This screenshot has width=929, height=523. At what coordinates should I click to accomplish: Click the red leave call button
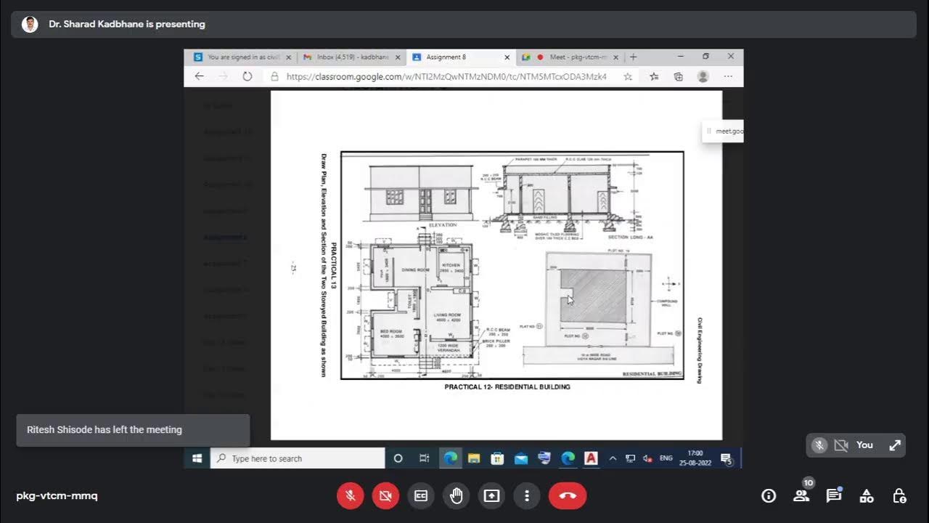(x=568, y=495)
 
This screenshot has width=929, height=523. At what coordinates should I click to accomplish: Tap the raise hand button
(x=456, y=495)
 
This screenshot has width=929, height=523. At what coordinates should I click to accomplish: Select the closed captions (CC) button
(x=421, y=495)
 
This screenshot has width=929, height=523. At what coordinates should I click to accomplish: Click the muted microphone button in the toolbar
(x=350, y=495)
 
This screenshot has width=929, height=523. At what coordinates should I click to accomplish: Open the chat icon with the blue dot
(x=833, y=495)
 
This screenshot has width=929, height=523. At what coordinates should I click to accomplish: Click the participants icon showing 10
(x=801, y=495)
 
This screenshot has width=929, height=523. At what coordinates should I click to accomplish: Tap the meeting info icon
(x=769, y=495)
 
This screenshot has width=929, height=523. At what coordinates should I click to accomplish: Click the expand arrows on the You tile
(x=895, y=445)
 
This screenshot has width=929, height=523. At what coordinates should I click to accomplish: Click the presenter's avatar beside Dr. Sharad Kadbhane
(x=30, y=24)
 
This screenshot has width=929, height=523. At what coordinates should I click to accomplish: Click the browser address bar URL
(x=446, y=76)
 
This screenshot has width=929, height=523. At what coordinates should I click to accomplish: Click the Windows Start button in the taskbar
(x=197, y=458)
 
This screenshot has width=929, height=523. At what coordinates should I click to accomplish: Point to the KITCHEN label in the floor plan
(x=451, y=266)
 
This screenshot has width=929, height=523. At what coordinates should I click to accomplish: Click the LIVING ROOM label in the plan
(x=448, y=316)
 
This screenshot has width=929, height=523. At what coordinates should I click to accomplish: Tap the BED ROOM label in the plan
(x=390, y=331)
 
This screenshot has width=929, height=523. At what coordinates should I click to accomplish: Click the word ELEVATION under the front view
(x=443, y=225)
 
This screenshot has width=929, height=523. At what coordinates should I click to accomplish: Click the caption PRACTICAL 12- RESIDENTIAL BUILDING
(x=507, y=387)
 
